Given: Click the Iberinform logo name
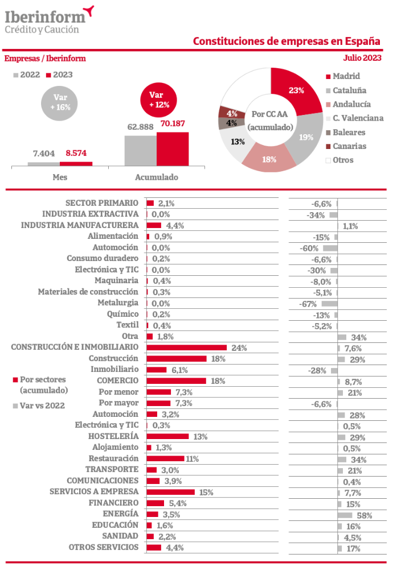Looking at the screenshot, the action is click(x=45, y=17).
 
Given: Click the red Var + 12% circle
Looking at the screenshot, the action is click(x=159, y=101).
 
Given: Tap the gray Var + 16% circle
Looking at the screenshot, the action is click(x=59, y=103).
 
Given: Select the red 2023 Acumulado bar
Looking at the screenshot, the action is click(x=173, y=149).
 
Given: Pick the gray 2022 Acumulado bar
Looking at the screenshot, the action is click(x=141, y=151).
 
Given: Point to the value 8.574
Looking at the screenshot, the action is click(x=76, y=153).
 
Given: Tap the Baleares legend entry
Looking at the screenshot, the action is click(x=346, y=132).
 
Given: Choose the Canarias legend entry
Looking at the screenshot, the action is click(x=346, y=146).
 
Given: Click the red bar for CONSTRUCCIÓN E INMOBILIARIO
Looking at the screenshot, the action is click(x=186, y=347).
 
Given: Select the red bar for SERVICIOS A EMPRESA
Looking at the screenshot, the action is click(x=170, y=493).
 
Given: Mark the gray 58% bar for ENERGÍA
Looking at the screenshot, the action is click(x=345, y=515).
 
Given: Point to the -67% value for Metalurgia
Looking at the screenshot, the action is click(x=308, y=304).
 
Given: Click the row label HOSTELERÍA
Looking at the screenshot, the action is click(x=113, y=436).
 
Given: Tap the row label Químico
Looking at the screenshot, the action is click(x=122, y=314).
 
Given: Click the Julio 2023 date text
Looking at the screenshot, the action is click(x=362, y=58).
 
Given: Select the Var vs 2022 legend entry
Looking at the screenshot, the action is click(x=39, y=406).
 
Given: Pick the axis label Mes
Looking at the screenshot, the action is click(x=60, y=177).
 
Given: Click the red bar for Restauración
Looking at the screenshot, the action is click(x=165, y=458).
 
